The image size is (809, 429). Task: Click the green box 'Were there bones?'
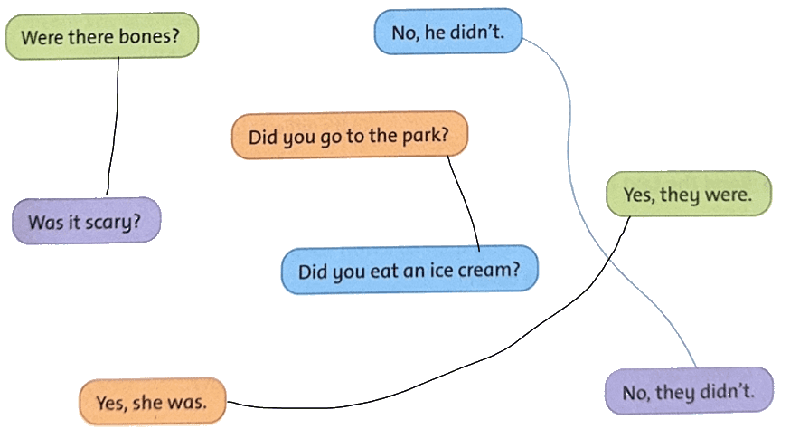pyautogui.click(x=101, y=36)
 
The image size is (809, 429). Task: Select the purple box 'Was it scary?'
pyautogui.click(x=86, y=221)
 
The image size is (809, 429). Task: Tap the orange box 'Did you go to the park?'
pyautogui.click(x=349, y=136)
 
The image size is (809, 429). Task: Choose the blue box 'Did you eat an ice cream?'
pyautogui.click(x=409, y=270)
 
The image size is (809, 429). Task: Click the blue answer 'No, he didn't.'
pyautogui.click(x=447, y=32)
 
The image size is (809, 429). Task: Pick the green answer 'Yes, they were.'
pyautogui.click(x=688, y=194)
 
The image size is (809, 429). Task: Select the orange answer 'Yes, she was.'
pyautogui.click(x=152, y=402)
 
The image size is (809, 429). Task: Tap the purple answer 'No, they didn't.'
pyautogui.click(x=689, y=391)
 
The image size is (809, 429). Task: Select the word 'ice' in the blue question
pyautogui.click(x=441, y=270)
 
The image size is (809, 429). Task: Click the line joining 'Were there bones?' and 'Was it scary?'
pyautogui.click(x=114, y=126)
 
